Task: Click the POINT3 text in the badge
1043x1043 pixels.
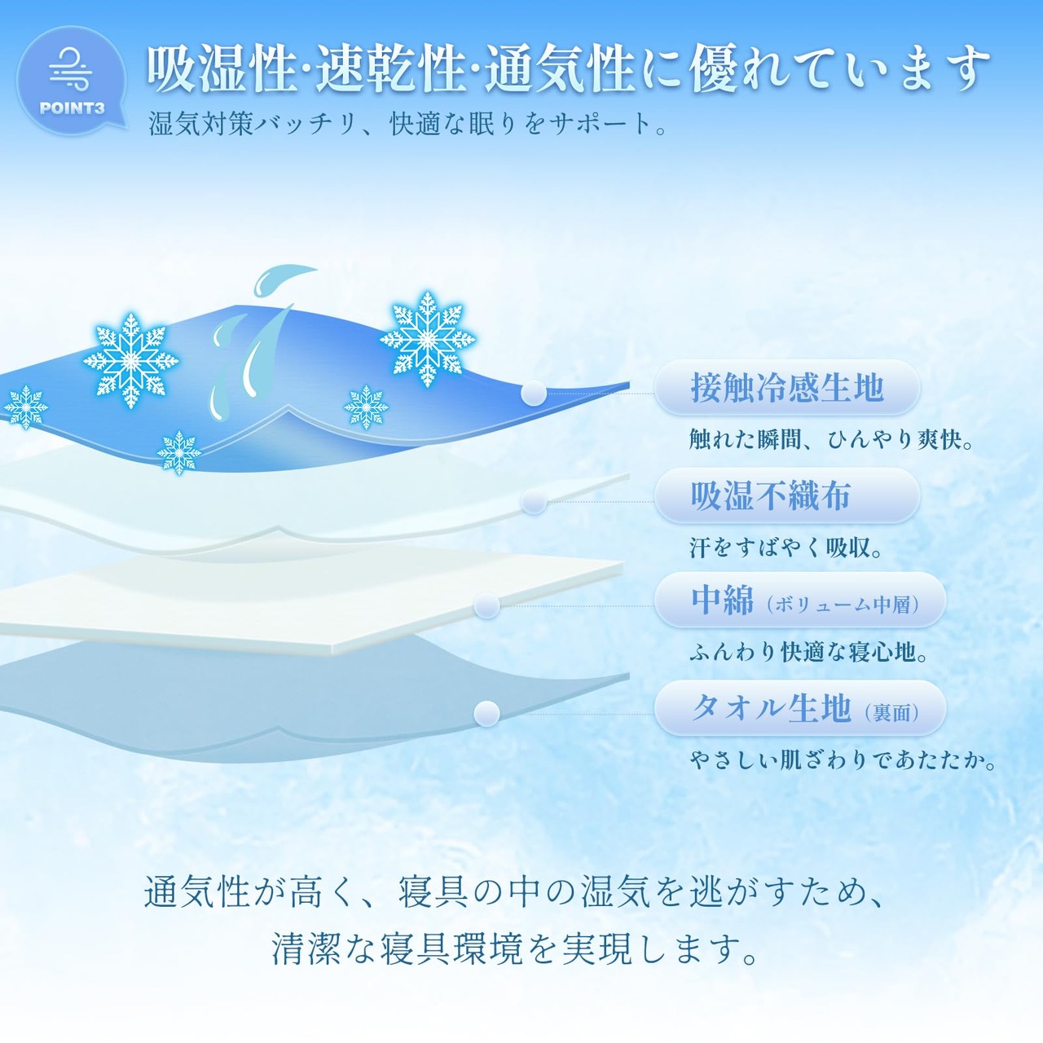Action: point(72,108)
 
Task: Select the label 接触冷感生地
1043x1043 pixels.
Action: point(787,387)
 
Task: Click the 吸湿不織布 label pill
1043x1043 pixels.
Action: point(787,495)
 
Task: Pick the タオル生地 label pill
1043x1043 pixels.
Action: point(800,707)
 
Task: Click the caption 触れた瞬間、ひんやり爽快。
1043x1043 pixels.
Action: point(832,439)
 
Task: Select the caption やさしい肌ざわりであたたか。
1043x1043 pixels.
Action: point(843,760)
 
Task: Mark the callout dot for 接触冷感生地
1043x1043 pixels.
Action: point(534,393)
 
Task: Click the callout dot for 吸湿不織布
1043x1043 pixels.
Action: point(534,502)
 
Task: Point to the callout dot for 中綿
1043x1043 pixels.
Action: point(486,605)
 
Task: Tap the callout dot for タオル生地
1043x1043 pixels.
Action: point(486,714)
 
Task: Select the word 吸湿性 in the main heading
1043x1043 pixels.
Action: point(222,69)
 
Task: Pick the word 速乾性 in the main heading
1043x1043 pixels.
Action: point(390,69)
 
